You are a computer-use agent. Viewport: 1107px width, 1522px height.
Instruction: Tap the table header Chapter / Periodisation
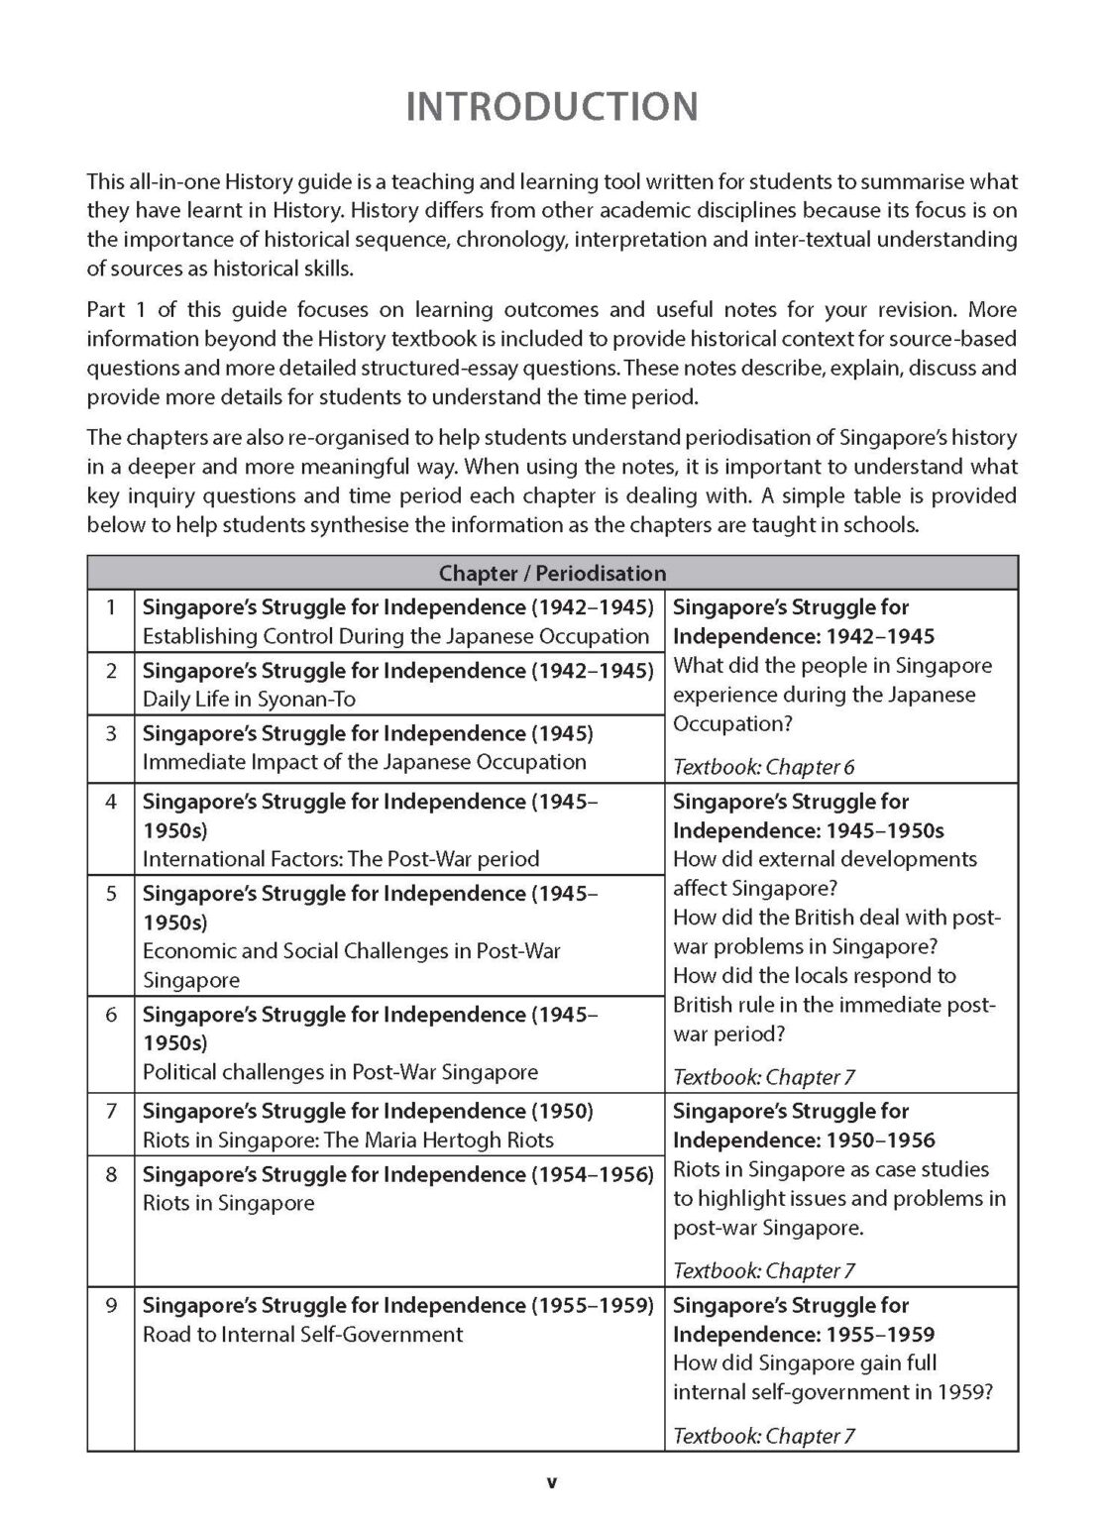552,574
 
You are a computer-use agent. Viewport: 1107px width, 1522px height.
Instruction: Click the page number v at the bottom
552,1482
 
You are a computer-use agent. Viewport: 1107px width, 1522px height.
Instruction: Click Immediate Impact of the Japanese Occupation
364,762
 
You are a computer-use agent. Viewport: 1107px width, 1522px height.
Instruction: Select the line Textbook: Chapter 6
763,767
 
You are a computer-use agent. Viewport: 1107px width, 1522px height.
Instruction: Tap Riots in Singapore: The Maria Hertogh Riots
348,1140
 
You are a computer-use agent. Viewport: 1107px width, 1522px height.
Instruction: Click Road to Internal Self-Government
302,1334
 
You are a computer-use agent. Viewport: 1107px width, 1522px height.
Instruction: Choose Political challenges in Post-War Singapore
340,1071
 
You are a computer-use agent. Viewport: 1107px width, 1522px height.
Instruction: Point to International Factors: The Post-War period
341,859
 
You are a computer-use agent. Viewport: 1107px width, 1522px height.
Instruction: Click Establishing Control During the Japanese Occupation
395,636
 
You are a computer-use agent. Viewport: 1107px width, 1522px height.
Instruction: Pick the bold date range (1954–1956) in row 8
593,1174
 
